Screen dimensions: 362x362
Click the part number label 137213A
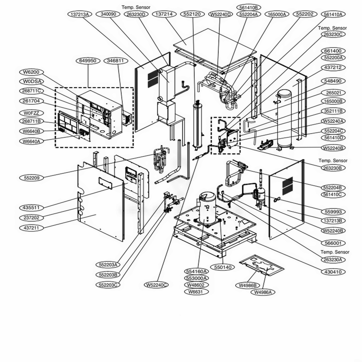pyautogui.click(x=80, y=14)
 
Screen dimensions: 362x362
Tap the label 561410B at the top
pyautogui.click(x=248, y=8)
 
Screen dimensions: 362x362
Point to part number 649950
pyautogui.click(x=88, y=61)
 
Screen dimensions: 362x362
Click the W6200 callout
pyautogui.click(x=31, y=72)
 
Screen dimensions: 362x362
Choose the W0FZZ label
pyautogui.click(x=31, y=113)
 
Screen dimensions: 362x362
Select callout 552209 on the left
pyautogui.click(x=31, y=178)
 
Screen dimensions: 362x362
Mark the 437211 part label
pyautogui.click(x=31, y=228)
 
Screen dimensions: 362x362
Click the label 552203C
pyautogui.click(x=108, y=285)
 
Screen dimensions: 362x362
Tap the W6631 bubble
pyautogui.click(x=197, y=291)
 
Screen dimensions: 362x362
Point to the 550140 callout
pyautogui.click(x=223, y=267)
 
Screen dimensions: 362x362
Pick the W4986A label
pyautogui.click(x=263, y=292)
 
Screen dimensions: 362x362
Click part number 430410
pyautogui.click(x=333, y=272)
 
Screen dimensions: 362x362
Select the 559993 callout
pyautogui.click(x=333, y=211)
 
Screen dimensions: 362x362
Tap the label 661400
pyautogui.click(x=333, y=51)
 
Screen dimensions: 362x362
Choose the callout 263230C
pyautogui.click(x=333, y=34)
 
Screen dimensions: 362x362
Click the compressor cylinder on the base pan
pyautogui.click(x=207, y=209)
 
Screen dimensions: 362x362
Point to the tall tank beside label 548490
pyautogui.click(x=285, y=119)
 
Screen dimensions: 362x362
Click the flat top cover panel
pyautogui.click(x=215, y=49)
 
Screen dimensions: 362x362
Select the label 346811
pyautogui.click(x=117, y=61)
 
